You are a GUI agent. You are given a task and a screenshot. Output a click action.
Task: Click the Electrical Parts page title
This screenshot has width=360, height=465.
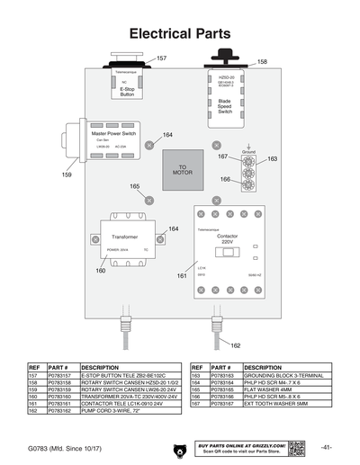click(x=180, y=34)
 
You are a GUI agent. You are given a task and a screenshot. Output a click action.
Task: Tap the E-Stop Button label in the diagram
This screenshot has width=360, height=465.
click(x=127, y=92)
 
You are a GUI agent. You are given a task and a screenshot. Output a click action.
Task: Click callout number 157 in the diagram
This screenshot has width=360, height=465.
click(x=161, y=58)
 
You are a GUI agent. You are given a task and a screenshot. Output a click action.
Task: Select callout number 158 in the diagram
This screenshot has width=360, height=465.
click(x=262, y=62)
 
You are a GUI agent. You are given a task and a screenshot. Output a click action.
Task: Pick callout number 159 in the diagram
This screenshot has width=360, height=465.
click(x=67, y=174)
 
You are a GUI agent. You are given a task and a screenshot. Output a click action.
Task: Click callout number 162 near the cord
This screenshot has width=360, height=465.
click(x=235, y=345)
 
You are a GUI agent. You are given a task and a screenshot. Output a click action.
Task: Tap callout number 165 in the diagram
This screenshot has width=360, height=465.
click(x=134, y=186)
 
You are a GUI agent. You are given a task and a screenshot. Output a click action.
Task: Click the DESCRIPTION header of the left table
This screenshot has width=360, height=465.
click(x=101, y=368)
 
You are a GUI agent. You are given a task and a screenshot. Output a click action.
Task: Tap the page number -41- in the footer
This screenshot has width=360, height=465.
click(x=326, y=447)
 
